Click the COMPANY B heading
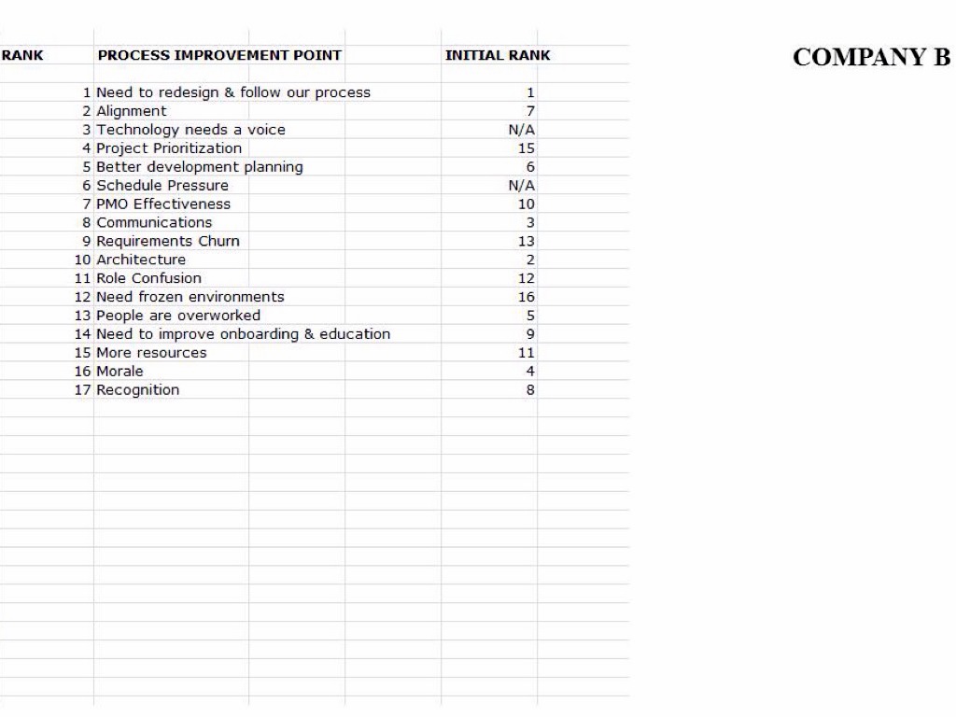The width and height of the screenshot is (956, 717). click(872, 57)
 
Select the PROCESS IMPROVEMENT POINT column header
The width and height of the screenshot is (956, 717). click(219, 55)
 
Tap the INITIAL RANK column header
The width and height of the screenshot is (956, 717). click(498, 55)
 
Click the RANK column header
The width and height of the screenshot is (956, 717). click(21, 55)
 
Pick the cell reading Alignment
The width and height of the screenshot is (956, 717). click(132, 111)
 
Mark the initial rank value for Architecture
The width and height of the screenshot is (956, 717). click(530, 260)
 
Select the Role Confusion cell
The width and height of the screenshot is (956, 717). click(148, 278)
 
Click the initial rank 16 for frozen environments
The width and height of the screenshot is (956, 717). click(527, 297)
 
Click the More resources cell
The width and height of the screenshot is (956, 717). click(151, 353)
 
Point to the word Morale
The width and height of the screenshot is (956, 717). click(119, 372)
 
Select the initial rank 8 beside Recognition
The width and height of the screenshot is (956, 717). click(530, 390)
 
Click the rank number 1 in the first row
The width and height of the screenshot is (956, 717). click(87, 92)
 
